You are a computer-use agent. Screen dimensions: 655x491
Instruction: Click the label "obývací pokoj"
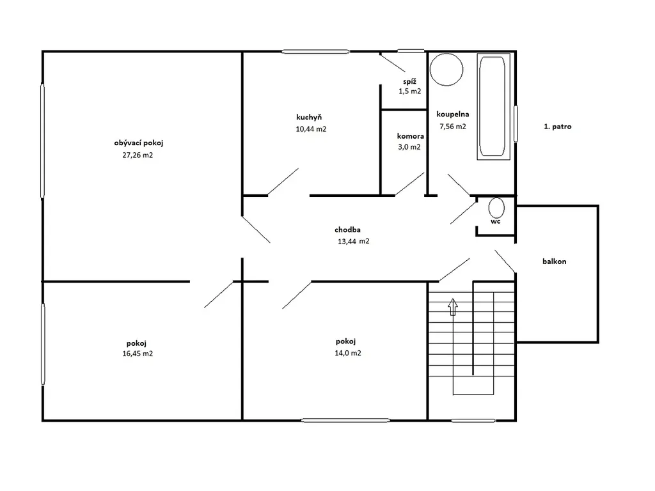pyautogui.click(x=139, y=143)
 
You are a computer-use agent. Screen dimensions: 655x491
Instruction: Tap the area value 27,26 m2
pyautogui.click(x=138, y=155)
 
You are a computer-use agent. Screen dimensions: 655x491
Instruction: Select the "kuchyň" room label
pyautogui.click(x=309, y=118)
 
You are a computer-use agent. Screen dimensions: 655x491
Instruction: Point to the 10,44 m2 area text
pyautogui.click(x=311, y=129)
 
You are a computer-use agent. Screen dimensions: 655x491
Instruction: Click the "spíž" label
pyautogui.click(x=410, y=82)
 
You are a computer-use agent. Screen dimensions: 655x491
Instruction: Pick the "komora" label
pyautogui.click(x=410, y=136)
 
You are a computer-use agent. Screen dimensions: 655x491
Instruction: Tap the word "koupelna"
pyautogui.click(x=453, y=114)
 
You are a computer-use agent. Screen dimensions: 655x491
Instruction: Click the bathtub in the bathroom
pyautogui.click(x=493, y=106)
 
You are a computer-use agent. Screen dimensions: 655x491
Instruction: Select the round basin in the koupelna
pyautogui.click(x=446, y=70)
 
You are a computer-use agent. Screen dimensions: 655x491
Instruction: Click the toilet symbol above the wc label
pyautogui.click(x=496, y=208)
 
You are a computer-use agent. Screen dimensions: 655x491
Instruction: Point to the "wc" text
pyautogui.click(x=496, y=221)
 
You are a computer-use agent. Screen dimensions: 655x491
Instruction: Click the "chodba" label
pyautogui.click(x=347, y=230)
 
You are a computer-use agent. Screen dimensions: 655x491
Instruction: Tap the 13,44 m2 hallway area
pyautogui.click(x=353, y=241)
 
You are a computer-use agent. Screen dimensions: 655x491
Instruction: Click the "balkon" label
pyautogui.click(x=555, y=261)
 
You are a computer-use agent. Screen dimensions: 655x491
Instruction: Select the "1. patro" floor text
pyautogui.click(x=558, y=127)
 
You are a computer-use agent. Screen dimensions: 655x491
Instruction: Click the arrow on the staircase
pyautogui.click(x=453, y=307)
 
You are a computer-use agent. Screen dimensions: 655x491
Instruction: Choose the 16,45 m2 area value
pyautogui.click(x=138, y=354)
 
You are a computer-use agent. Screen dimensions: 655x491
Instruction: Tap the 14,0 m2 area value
pyautogui.click(x=348, y=353)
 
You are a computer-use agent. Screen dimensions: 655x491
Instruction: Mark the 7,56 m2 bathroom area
pyautogui.click(x=453, y=127)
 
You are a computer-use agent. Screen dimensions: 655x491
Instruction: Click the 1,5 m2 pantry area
pyautogui.click(x=410, y=91)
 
